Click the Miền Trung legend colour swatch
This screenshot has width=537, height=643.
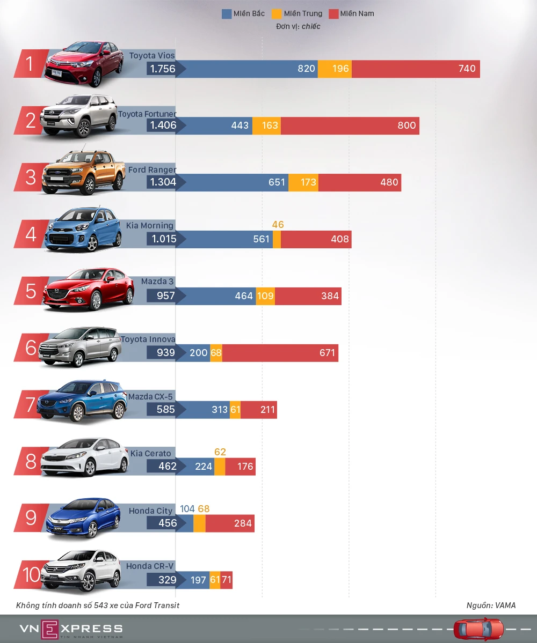pyautogui.click(x=277, y=14)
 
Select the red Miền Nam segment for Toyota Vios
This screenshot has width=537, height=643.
pyautogui.click(x=416, y=69)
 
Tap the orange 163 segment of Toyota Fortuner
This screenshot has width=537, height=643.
pyautogui.click(x=266, y=125)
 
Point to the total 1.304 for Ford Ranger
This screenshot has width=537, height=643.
pyautogui.click(x=163, y=182)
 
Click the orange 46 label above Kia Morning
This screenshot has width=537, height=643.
pyautogui.click(x=278, y=225)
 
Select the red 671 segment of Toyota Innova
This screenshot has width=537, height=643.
pyautogui.click(x=280, y=353)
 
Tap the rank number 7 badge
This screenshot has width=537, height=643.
pyautogui.click(x=31, y=405)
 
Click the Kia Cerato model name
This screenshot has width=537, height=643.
pyautogui.click(x=150, y=454)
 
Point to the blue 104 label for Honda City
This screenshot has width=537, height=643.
pyautogui.click(x=187, y=509)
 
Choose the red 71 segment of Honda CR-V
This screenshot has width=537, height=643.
pyautogui.click(x=226, y=580)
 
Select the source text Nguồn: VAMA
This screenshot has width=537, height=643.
pyautogui.click(x=491, y=605)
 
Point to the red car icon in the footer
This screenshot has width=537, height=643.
pyautogui.click(x=478, y=629)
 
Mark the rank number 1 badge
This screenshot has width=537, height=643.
pyautogui.click(x=30, y=64)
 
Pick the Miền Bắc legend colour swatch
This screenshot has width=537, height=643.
pyautogui.click(x=227, y=14)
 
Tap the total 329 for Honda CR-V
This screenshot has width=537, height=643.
pyautogui.click(x=167, y=580)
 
